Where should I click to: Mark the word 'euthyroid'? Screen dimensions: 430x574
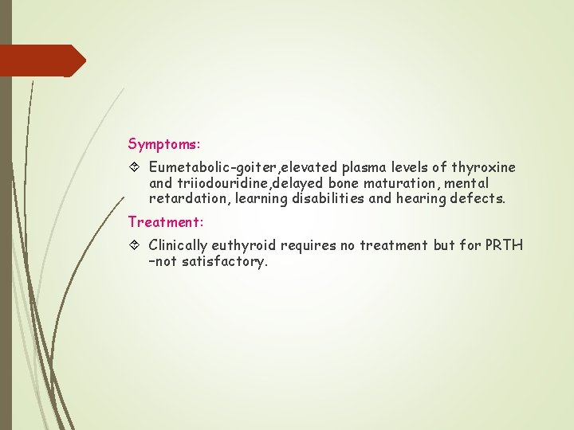245,245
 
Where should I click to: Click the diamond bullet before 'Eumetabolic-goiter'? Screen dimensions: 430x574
134,168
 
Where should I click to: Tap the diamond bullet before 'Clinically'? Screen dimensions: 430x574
134,245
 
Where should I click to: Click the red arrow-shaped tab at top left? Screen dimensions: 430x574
40,61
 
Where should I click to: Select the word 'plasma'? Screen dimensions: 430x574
362,168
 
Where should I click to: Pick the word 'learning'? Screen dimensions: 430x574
265,198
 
